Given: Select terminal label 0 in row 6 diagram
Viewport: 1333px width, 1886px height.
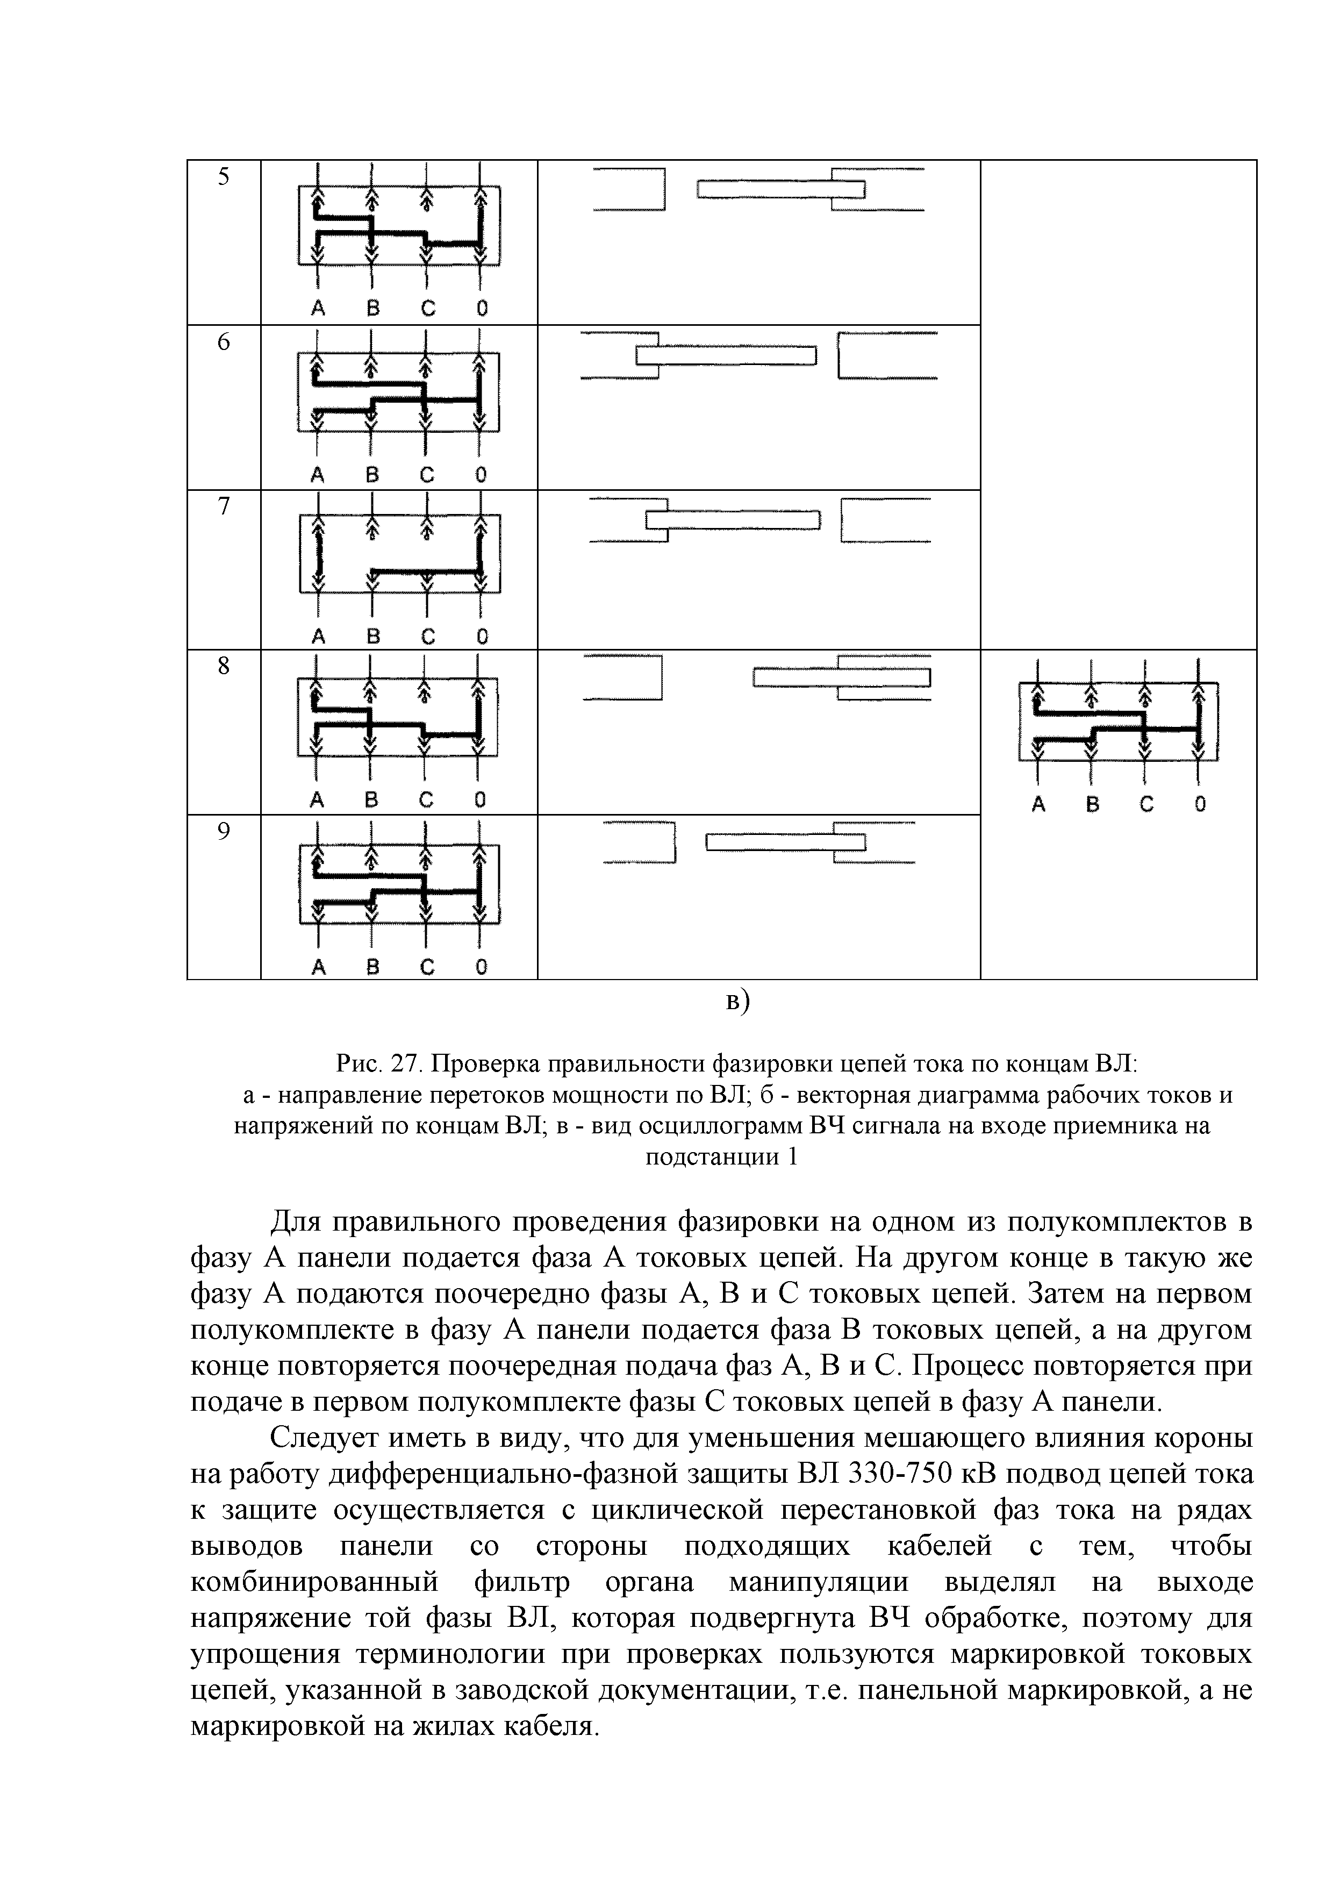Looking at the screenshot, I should click(x=481, y=475).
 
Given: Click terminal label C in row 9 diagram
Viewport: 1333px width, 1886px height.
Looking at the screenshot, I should click(x=426, y=968).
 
